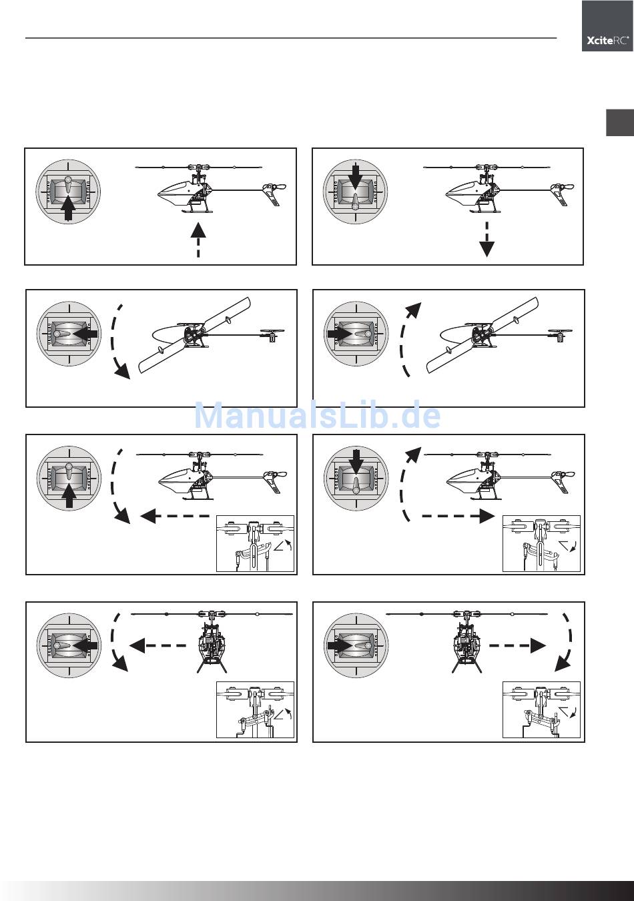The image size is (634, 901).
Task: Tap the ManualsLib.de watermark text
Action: click(x=317, y=416)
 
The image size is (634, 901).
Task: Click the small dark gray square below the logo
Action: click(x=619, y=122)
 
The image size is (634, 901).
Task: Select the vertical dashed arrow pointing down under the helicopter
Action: click(x=487, y=239)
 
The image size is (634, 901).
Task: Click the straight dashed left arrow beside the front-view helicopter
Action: click(x=157, y=645)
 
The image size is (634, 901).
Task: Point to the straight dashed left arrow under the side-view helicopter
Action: click(x=175, y=516)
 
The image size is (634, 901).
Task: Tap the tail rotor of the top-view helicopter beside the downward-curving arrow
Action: click(x=272, y=334)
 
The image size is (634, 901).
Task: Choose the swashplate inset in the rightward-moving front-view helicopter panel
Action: click(x=541, y=710)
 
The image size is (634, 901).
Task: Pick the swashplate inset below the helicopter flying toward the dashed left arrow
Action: click(x=255, y=543)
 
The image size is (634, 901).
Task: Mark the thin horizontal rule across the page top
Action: click(x=291, y=38)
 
